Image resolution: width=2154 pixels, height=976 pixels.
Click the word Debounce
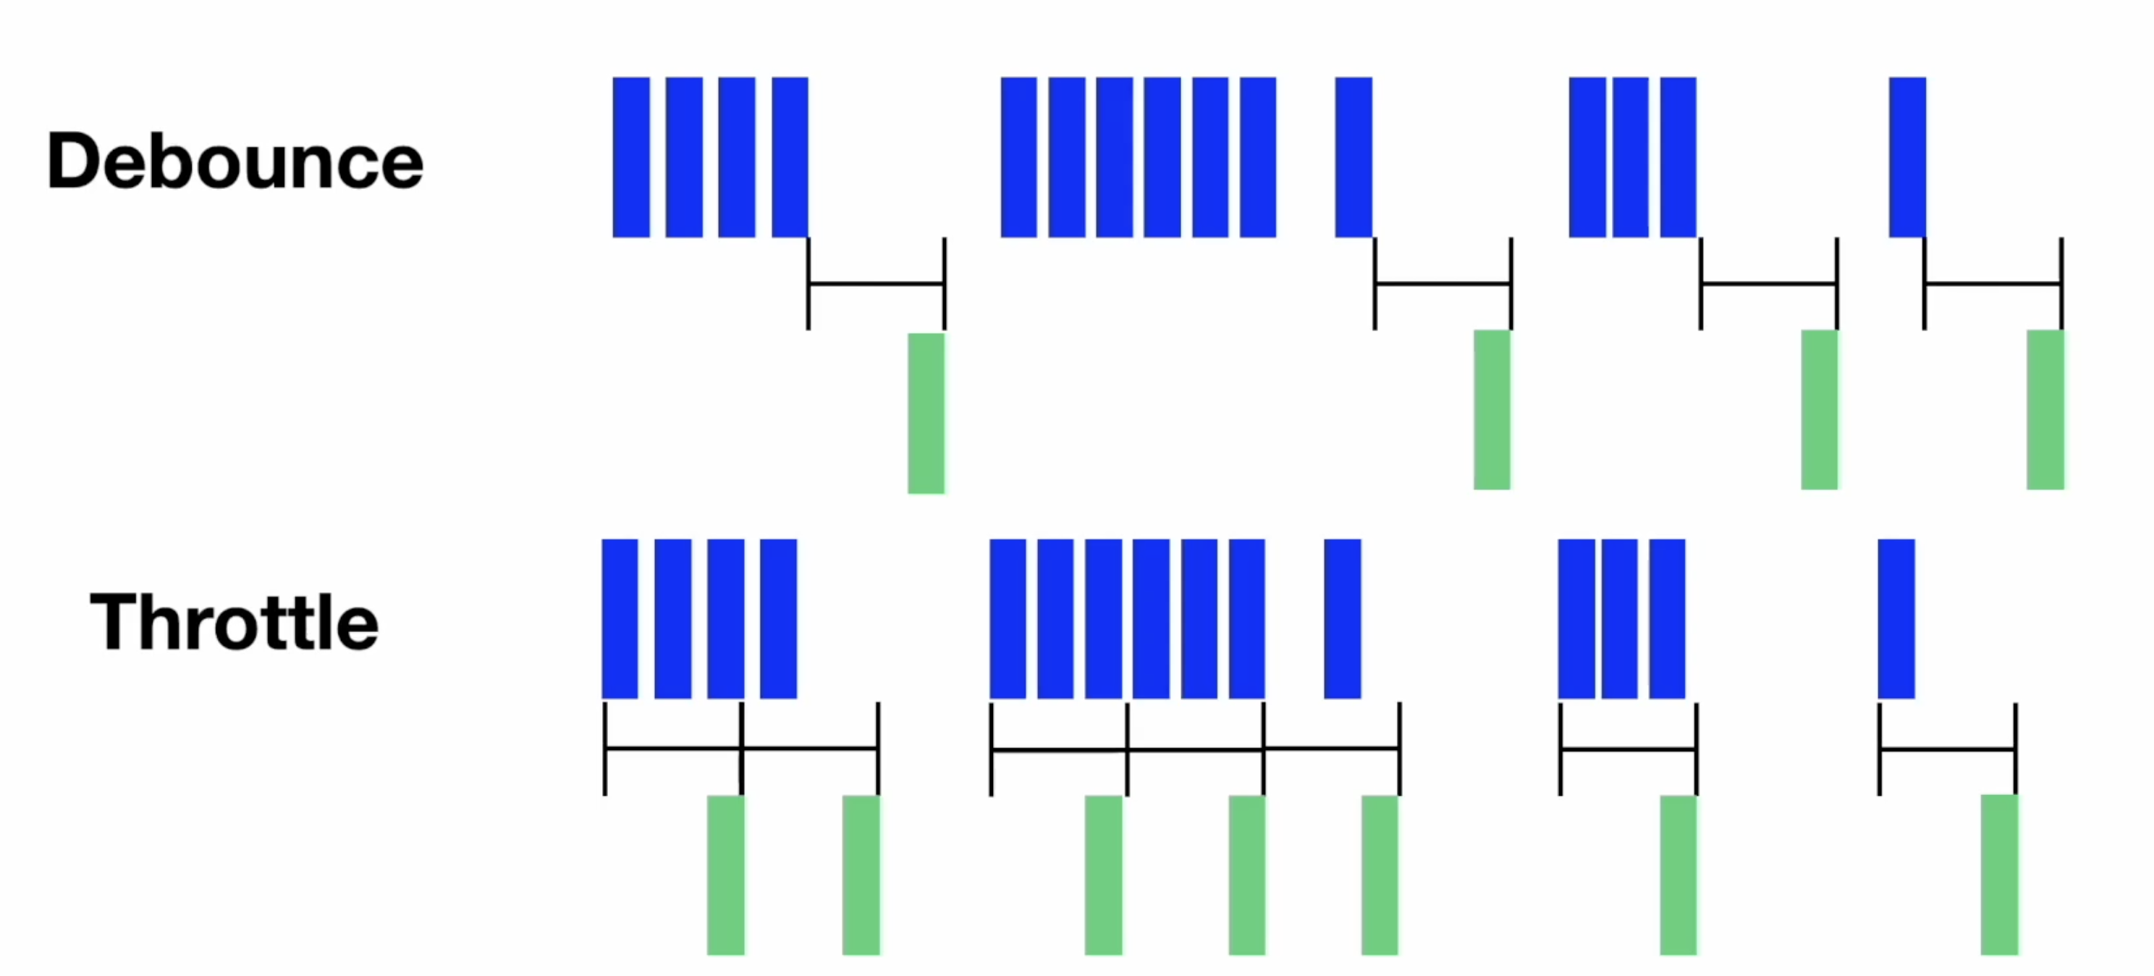(235, 161)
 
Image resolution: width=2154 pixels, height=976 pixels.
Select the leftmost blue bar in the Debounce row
(630, 157)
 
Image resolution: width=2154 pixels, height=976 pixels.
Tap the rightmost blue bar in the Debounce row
(1907, 157)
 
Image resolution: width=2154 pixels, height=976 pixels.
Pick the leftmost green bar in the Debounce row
(926, 413)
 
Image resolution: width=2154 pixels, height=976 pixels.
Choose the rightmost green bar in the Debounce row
(2045, 410)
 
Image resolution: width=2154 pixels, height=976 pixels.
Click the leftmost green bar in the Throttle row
(726, 875)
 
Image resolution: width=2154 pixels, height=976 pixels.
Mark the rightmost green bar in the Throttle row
(1999, 875)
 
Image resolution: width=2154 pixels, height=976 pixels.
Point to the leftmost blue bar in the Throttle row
(620, 619)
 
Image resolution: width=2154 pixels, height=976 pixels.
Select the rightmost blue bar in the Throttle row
(1896, 619)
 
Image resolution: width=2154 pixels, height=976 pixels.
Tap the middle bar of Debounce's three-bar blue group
(1631, 157)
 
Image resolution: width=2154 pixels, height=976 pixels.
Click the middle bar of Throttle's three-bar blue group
(1620, 619)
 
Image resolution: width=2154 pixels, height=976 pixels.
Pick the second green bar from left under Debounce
(1492, 410)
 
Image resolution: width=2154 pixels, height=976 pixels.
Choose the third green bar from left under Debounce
(1820, 410)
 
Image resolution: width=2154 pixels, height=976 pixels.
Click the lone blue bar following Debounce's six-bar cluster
(1353, 157)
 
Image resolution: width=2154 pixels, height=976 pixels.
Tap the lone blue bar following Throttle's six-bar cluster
(1343, 619)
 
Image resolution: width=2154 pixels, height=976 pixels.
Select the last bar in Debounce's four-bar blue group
(790, 157)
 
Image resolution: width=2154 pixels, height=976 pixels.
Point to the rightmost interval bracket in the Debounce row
(1993, 285)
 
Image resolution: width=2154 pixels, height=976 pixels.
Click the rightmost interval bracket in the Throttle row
(1948, 749)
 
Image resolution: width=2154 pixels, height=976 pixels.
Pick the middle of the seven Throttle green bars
(1247, 875)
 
